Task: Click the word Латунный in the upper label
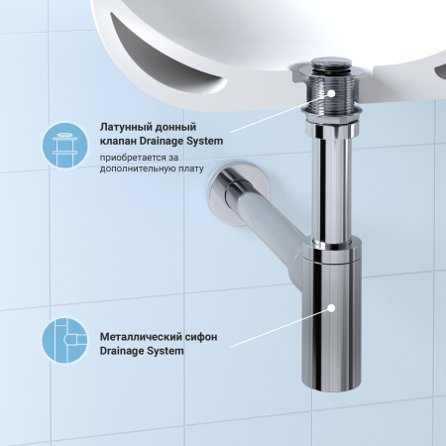[x=128, y=127]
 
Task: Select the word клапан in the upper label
[x=120, y=141]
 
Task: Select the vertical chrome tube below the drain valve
[x=326, y=188]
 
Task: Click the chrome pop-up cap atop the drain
[x=327, y=66]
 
